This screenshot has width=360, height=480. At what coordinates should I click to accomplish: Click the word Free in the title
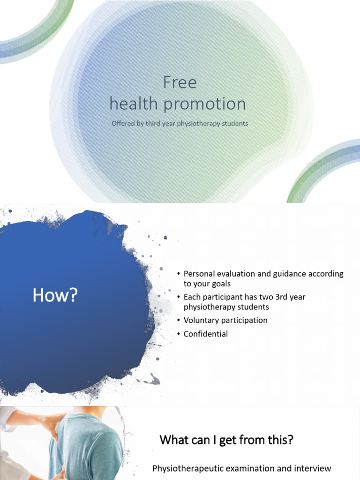(x=180, y=83)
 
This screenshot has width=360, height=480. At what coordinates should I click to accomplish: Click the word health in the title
(x=134, y=104)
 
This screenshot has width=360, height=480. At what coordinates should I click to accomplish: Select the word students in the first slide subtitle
(x=234, y=124)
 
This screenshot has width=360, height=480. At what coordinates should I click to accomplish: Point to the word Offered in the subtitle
(x=123, y=124)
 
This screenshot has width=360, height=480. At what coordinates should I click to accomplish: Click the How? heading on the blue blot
(x=54, y=296)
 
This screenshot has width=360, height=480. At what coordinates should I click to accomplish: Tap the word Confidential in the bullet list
(x=206, y=334)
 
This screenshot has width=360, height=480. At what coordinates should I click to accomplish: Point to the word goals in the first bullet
(x=220, y=284)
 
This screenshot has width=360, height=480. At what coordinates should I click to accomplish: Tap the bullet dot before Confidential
(x=179, y=334)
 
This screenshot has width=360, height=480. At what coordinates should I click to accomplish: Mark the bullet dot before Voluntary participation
(x=179, y=321)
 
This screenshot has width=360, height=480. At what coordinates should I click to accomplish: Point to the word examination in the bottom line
(x=254, y=468)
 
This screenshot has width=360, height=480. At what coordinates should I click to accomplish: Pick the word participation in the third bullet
(x=245, y=320)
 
